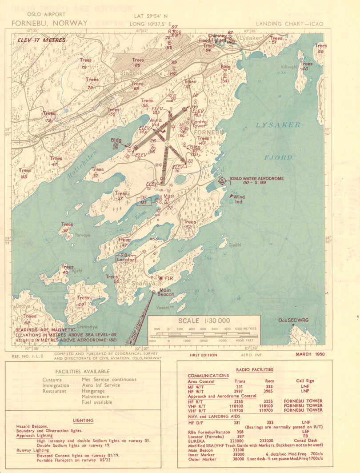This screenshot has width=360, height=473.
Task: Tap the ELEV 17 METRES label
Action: [41, 40]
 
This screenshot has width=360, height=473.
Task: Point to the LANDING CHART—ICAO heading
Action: [289, 24]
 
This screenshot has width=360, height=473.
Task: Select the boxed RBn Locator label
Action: [126, 258]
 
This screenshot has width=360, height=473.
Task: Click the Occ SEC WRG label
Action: [293, 320]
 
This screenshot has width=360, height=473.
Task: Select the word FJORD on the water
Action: [278, 157]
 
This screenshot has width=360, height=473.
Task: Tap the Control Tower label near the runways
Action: [199, 124]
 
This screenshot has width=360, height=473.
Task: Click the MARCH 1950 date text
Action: [310, 354]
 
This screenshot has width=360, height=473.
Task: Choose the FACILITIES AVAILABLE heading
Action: [82, 371]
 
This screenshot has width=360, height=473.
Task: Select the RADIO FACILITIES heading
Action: [254, 369]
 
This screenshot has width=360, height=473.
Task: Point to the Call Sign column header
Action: [305, 381]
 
